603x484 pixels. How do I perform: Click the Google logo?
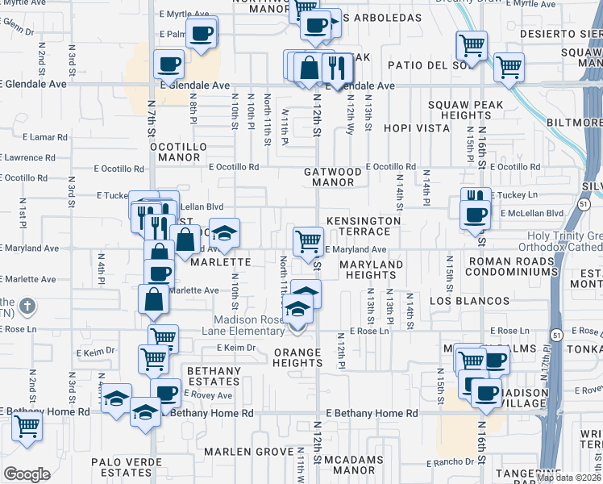tap(27, 474)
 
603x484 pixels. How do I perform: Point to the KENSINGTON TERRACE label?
tap(364, 226)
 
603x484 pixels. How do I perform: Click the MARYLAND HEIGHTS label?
tap(370, 269)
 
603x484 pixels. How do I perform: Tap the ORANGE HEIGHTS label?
tap(297, 357)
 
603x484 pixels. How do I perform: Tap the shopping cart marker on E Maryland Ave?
tap(308, 240)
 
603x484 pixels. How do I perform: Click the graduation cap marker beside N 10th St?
tap(225, 232)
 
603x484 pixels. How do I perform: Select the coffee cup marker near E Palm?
tap(201, 33)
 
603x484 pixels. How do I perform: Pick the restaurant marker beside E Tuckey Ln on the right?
tap(476, 198)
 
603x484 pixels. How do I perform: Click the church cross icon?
tap(27, 306)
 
